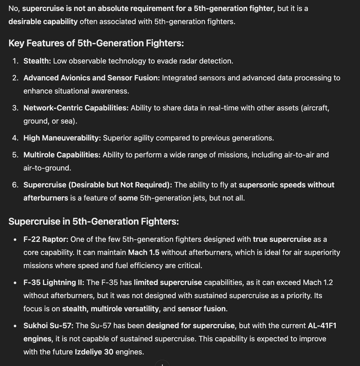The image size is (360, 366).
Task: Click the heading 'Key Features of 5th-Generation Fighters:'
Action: [x=96, y=43]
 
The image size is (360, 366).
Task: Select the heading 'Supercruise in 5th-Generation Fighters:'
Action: [x=94, y=222]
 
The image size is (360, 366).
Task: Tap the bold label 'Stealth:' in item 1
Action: [x=37, y=61]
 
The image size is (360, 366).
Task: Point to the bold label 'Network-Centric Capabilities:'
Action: [x=76, y=108]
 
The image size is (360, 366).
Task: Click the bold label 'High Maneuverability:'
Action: [x=62, y=138]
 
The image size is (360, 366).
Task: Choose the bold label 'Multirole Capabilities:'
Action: [x=62, y=155]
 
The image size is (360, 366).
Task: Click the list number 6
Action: [x=15, y=185]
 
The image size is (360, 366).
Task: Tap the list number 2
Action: [x=15, y=78]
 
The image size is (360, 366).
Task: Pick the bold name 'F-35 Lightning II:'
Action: [x=54, y=282]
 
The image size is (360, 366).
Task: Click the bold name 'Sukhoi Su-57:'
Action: [x=49, y=326]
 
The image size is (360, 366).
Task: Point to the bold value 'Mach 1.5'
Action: [x=144, y=252]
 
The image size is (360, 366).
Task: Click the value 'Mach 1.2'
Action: [x=317, y=282]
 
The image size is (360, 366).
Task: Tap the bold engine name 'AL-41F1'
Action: [x=322, y=326]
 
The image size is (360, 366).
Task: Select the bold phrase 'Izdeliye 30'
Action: [x=94, y=352]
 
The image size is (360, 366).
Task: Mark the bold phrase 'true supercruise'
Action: [x=282, y=239]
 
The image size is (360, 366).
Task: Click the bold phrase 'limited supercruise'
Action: [x=167, y=282]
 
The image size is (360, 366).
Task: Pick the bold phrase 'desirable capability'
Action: [x=43, y=21]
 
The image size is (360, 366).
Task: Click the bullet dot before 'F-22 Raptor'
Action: [x=15, y=239]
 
